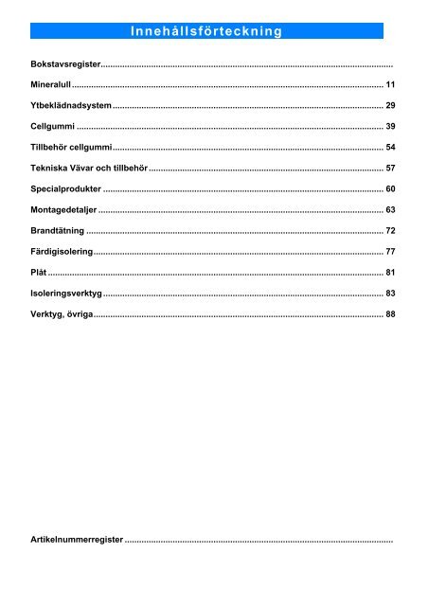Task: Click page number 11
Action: pyautogui.click(x=389, y=85)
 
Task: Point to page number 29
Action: pyautogui.click(x=389, y=104)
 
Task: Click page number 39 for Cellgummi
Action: pyautogui.click(x=389, y=126)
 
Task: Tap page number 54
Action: pyautogui.click(x=389, y=148)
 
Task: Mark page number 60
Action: pyautogui.click(x=389, y=189)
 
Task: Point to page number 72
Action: pyautogui.click(x=389, y=231)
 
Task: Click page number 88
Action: pyautogui.click(x=389, y=315)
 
